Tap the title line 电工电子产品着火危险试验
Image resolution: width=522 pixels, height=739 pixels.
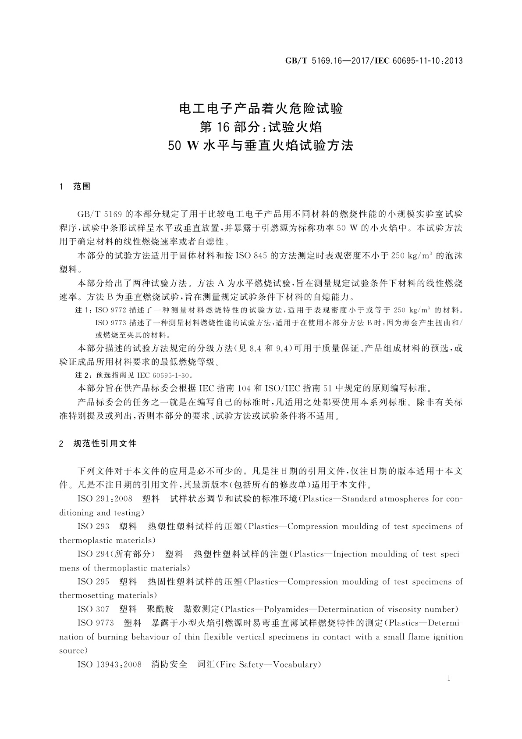261,108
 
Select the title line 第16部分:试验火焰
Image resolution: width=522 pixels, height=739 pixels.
261,127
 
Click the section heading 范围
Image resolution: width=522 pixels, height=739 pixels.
82,187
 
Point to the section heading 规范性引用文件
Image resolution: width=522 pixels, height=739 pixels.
105,444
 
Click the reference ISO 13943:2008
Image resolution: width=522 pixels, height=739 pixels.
110,664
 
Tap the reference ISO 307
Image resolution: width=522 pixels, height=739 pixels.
93,609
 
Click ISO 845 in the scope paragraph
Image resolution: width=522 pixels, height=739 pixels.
252,255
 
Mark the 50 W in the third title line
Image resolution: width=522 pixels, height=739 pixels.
184,146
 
